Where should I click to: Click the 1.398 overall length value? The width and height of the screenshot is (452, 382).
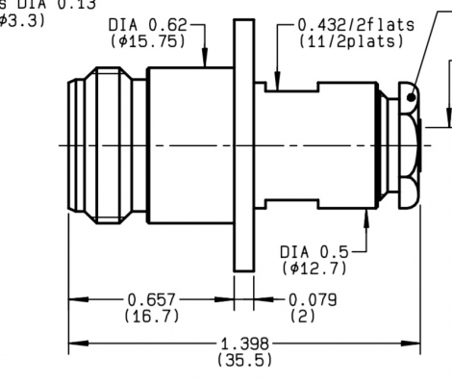(244, 344)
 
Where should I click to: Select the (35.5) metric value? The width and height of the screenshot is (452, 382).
(244, 359)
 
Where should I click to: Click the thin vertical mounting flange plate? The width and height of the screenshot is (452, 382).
(241, 144)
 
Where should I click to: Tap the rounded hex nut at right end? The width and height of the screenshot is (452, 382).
(399, 144)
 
